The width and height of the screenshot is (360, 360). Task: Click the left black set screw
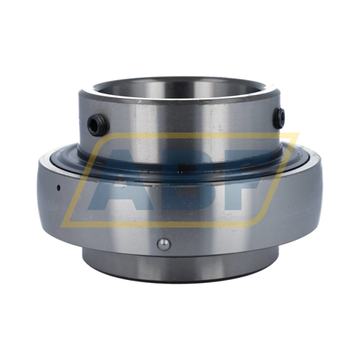(x=99, y=125)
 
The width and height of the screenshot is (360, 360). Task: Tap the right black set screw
(x=279, y=118)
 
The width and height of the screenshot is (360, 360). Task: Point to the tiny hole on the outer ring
(x=58, y=187)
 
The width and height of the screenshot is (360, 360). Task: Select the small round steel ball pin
(x=164, y=244)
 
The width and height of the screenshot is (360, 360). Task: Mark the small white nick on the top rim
(x=138, y=102)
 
